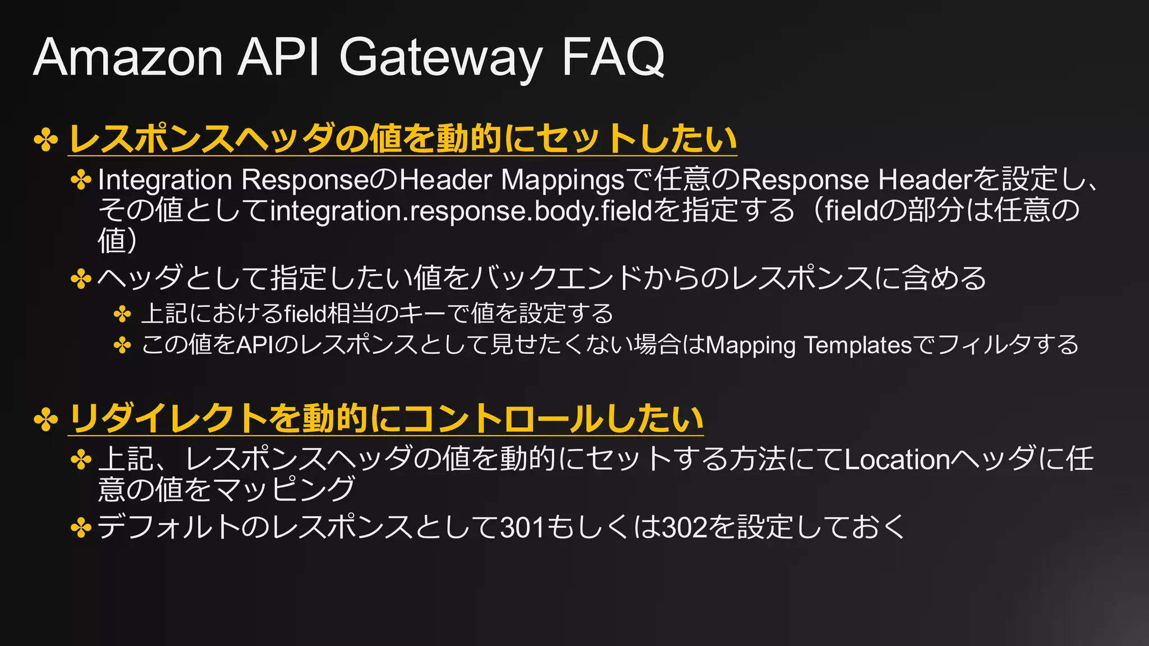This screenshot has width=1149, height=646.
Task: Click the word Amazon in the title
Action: tap(128, 57)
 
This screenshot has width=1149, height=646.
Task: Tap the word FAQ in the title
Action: tap(613, 57)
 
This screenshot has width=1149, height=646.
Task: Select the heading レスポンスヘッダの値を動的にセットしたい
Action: tap(402, 139)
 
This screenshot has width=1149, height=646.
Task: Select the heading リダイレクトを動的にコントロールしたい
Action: tap(385, 419)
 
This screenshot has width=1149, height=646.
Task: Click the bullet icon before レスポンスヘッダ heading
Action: tap(46, 140)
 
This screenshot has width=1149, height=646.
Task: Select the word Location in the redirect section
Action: tap(897, 460)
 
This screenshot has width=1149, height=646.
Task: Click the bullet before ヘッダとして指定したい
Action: tap(81, 279)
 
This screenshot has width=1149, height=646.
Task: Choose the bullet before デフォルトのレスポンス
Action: tap(81, 528)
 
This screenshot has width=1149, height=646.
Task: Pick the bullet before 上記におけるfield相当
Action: tap(122, 314)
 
